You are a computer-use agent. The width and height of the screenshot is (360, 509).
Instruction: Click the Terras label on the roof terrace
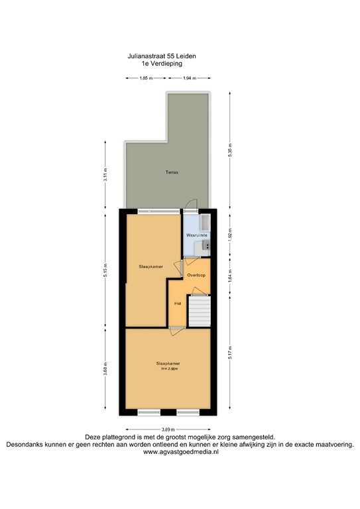pyautogui.click(x=172, y=172)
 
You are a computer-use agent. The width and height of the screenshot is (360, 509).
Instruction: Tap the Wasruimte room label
pyautogui.click(x=197, y=235)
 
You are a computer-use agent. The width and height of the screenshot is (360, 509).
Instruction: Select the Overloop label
pyautogui.click(x=197, y=274)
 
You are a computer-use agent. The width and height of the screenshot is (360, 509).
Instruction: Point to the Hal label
pyautogui.click(x=178, y=304)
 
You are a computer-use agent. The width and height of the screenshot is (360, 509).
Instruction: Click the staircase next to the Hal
pyautogui.click(x=199, y=311)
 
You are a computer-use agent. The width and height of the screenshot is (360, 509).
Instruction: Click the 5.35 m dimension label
pyautogui.click(x=230, y=150)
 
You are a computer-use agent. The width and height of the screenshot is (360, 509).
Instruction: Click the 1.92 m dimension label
pyautogui.click(x=230, y=236)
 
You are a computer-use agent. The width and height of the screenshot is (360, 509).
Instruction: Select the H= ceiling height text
pyautogui.click(x=168, y=368)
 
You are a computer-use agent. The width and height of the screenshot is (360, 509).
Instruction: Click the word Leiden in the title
pyautogui.click(x=185, y=58)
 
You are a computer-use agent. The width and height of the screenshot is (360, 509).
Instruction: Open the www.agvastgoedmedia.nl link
pyautogui.click(x=180, y=453)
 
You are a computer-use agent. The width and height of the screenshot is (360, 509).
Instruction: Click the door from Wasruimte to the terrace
pyautogui.click(x=191, y=205)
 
